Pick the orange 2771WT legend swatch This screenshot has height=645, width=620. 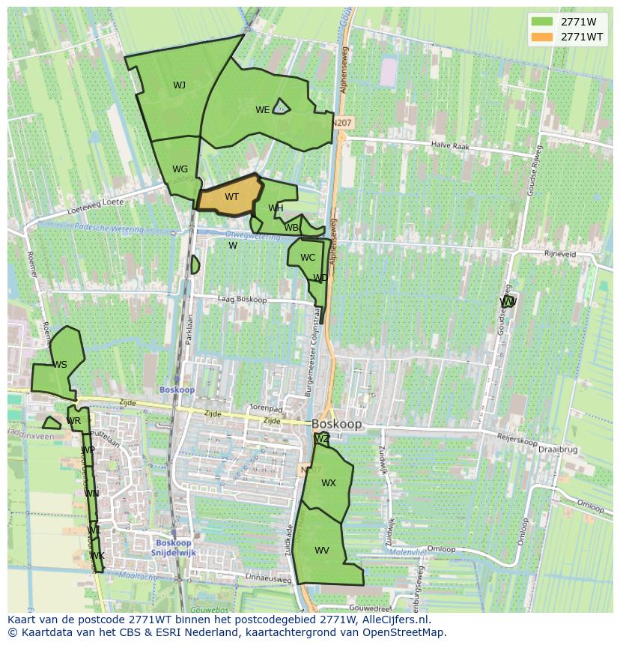pos(541,37)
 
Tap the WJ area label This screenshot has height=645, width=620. pos(179,85)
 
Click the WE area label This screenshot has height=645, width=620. pos(262,110)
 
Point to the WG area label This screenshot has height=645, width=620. pos(180,169)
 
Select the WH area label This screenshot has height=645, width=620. pos(276,208)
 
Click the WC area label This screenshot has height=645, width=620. pos(308,258)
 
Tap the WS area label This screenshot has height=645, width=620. pos(60,365)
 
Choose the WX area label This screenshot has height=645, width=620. pos(329,483)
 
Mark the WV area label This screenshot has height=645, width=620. pos(322,551)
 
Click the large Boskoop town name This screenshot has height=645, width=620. pos(336,424)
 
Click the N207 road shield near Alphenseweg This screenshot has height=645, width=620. pos(341,122)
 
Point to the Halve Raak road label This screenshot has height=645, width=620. pos(450,147)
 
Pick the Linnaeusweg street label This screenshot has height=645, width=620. pos(269,578)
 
